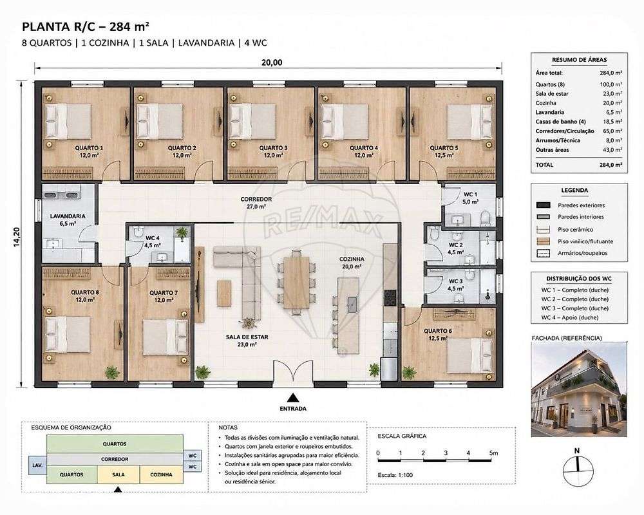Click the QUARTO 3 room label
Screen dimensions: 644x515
[273, 148]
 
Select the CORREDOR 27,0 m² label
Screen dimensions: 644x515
[256, 203]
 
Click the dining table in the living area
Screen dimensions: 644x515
[296, 282]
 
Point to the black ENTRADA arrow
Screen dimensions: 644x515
[293, 397]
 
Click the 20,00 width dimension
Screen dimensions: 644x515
[272, 62]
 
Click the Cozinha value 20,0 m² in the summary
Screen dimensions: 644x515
[611, 103]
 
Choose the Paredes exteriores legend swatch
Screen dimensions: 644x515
[544, 205]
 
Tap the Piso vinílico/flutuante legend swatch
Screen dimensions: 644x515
[544, 241]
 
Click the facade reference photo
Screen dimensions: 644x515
[579, 389]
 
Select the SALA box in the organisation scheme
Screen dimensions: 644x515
[118, 474]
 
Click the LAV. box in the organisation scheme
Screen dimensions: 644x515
[37, 465]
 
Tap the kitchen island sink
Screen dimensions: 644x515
[352, 304]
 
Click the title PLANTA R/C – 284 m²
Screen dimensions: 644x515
[86, 27]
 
